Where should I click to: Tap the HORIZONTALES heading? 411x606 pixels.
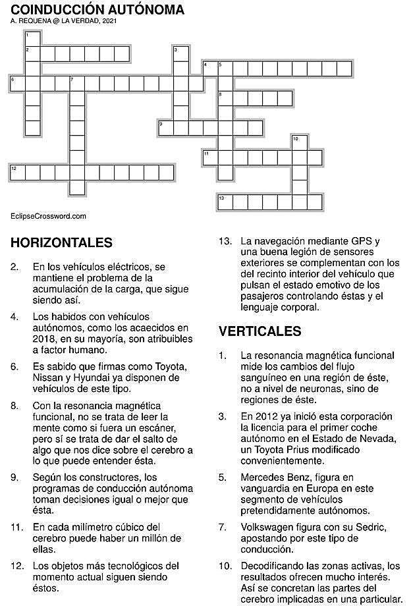61,243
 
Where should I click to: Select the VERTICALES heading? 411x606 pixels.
260,331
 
